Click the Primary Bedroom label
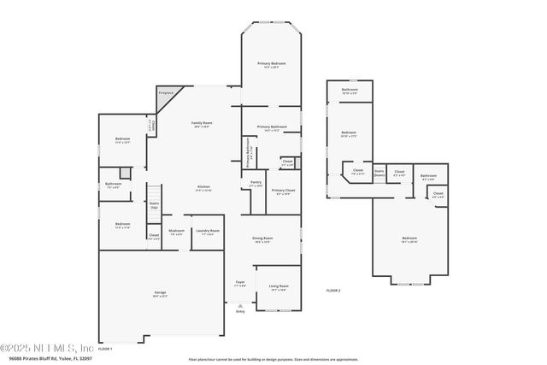[x=272, y=66]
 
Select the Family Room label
[x=202, y=125]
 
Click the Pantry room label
[x=256, y=184]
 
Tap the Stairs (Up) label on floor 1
[x=155, y=206]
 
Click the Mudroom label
[x=176, y=232]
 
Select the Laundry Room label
[x=207, y=232]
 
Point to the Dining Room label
[x=262, y=239]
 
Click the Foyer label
[x=240, y=283]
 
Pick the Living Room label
[x=279, y=288]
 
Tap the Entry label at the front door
[x=240, y=311]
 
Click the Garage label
[x=160, y=295]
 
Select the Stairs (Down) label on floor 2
[x=379, y=173]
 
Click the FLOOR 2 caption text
[x=332, y=291]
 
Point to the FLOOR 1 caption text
[x=105, y=349]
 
